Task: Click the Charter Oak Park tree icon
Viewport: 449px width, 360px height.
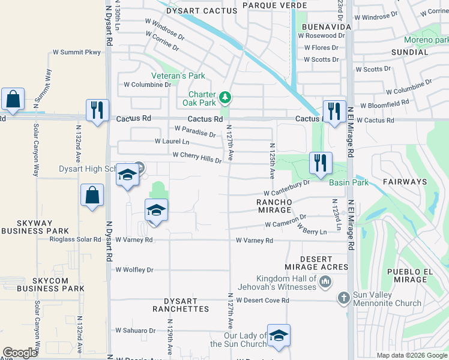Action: (225, 97)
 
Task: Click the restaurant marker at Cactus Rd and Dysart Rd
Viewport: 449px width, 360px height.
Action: (97, 110)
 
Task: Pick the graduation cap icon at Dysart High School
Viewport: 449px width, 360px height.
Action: (127, 175)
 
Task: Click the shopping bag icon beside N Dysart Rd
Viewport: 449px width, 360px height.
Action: (92, 195)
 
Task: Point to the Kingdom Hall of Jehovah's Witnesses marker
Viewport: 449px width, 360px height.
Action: (325, 281)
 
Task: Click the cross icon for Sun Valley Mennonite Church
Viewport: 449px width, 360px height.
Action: (343, 298)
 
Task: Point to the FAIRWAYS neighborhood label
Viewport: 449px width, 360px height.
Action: (407, 181)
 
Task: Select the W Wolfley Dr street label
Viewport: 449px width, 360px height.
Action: (134, 270)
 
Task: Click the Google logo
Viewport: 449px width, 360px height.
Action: (20, 353)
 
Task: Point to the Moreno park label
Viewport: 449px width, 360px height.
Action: (427, 40)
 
